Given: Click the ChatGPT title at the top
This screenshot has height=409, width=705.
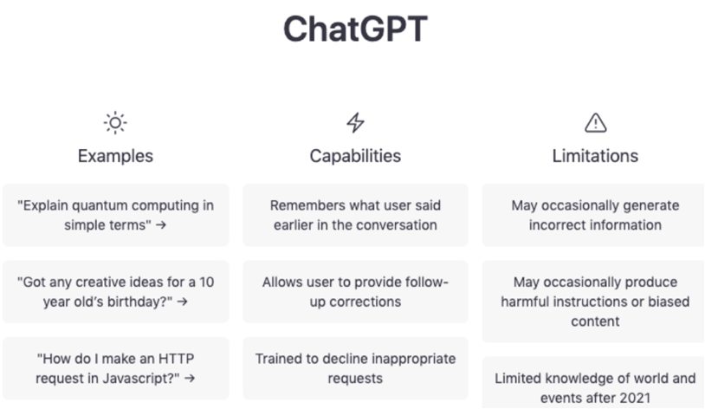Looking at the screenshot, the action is [x=355, y=29].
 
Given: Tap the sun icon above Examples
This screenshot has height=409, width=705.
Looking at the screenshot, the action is [x=115, y=123].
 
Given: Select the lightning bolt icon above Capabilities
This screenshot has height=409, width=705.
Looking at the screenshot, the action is [x=355, y=123].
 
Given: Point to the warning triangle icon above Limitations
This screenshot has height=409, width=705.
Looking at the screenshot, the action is [x=595, y=123].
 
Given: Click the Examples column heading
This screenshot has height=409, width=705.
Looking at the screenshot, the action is [x=115, y=156].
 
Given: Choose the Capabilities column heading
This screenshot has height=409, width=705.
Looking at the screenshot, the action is [x=355, y=156].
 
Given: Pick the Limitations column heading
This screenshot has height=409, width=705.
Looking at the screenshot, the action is [x=595, y=156].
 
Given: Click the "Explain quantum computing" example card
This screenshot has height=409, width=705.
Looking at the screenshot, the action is [x=115, y=215].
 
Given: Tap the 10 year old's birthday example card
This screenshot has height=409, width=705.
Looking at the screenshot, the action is [x=115, y=291].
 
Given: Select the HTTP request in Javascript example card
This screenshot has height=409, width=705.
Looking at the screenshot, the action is [x=115, y=368].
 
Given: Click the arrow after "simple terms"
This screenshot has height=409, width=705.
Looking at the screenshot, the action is [x=161, y=225].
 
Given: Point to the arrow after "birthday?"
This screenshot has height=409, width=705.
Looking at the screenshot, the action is [x=182, y=302].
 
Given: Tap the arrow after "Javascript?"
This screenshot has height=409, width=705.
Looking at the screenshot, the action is [x=190, y=379].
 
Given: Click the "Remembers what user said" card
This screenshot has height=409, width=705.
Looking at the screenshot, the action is [x=355, y=215].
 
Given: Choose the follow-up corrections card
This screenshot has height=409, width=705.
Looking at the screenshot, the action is [x=355, y=291].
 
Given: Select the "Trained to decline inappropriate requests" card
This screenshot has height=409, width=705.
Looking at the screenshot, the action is [x=355, y=368].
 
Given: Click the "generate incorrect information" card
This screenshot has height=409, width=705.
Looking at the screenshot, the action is [x=593, y=215].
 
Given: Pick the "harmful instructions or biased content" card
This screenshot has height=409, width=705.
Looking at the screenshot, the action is [x=593, y=302].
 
